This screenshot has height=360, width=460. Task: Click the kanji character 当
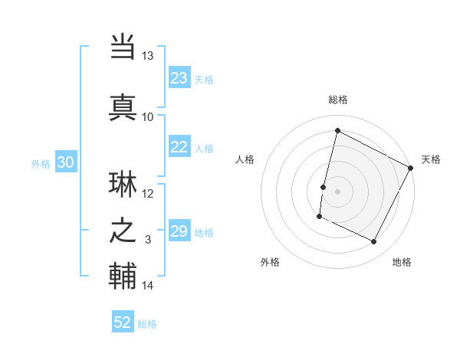click(x=123, y=47)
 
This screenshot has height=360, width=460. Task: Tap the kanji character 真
click(x=123, y=107)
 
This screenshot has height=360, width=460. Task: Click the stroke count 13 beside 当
click(x=148, y=56)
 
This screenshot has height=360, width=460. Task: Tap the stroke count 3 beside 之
click(x=149, y=240)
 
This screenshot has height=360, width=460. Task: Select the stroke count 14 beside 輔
click(x=148, y=286)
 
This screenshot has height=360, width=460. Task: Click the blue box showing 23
click(x=179, y=78)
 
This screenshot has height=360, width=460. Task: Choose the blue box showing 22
click(x=179, y=148)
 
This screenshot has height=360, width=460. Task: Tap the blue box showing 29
click(x=179, y=231)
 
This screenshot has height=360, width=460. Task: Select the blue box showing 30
click(x=66, y=162)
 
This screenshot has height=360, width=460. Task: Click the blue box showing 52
click(x=123, y=322)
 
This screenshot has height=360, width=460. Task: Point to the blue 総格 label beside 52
click(x=147, y=324)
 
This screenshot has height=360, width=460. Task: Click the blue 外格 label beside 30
click(x=41, y=163)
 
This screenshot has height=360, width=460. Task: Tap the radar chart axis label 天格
click(x=431, y=159)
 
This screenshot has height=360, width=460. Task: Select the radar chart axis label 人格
click(x=245, y=159)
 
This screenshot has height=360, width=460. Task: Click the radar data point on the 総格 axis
click(x=337, y=130)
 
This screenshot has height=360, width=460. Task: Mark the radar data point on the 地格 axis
click(x=374, y=242)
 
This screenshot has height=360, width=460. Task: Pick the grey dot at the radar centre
click(x=337, y=191)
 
